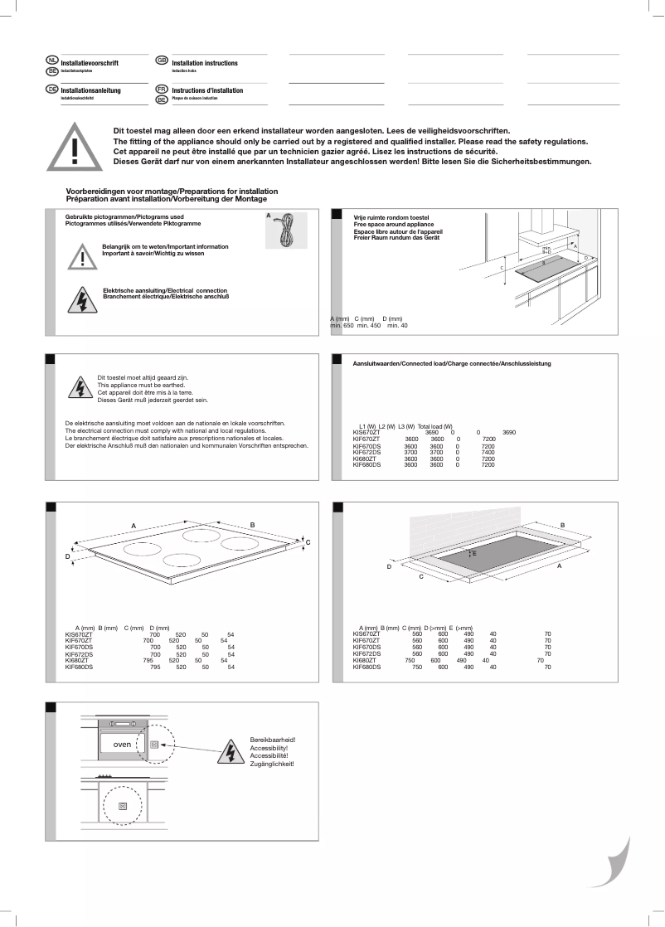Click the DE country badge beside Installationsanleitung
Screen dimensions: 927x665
(x=52, y=89)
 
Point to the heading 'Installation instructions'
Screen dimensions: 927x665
(x=205, y=63)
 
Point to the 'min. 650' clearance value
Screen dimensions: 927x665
(x=342, y=326)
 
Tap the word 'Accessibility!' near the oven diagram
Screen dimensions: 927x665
(x=269, y=748)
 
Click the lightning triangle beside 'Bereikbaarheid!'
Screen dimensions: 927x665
(x=228, y=750)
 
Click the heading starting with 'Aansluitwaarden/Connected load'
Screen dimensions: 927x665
(x=452, y=364)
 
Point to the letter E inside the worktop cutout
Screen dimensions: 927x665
(x=474, y=553)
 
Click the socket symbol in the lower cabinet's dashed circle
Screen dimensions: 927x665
(x=123, y=804)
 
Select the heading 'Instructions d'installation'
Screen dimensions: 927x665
(x=207, y=90)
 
